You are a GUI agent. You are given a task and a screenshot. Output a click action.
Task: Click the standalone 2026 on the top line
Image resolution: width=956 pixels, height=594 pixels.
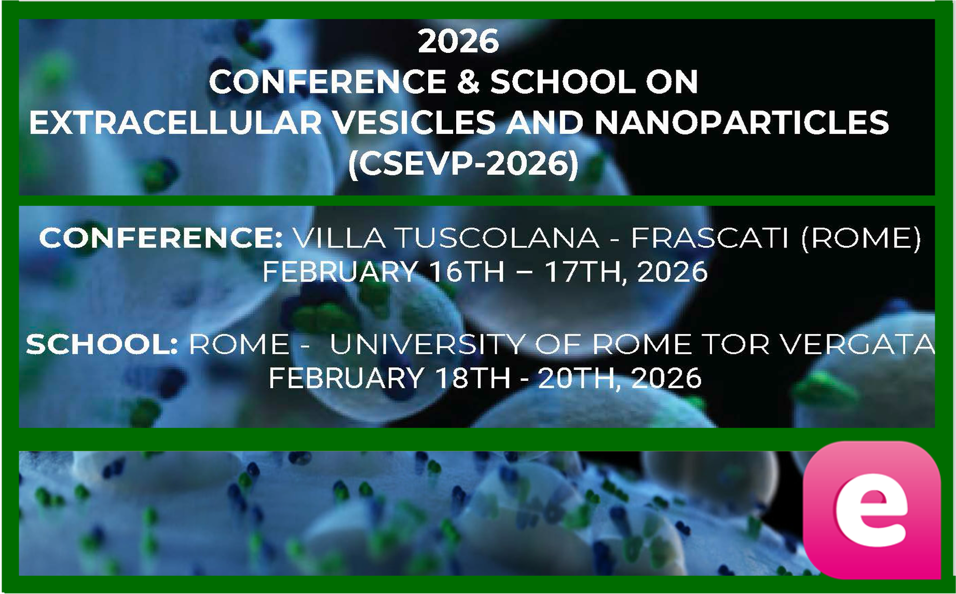pos(458,42)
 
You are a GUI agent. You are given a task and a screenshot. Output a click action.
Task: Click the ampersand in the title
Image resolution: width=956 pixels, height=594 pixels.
pos(469,82)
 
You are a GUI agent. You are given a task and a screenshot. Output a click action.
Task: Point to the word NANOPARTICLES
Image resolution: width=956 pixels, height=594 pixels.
pos(741,123)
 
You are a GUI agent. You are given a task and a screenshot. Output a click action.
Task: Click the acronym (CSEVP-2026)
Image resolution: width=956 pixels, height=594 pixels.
pos(463,164)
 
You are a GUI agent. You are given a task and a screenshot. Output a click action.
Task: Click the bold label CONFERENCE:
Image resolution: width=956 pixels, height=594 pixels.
pos(161,238)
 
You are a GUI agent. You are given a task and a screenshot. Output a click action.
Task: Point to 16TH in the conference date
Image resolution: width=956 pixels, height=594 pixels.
pos(467,272)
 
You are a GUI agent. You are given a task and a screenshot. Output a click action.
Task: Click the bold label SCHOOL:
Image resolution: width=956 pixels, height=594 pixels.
pos(102,344)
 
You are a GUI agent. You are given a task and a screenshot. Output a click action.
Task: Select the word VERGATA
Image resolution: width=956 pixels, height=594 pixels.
pos(858,344)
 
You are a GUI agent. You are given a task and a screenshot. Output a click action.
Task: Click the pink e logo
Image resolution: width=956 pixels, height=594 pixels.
pos(871,509)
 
